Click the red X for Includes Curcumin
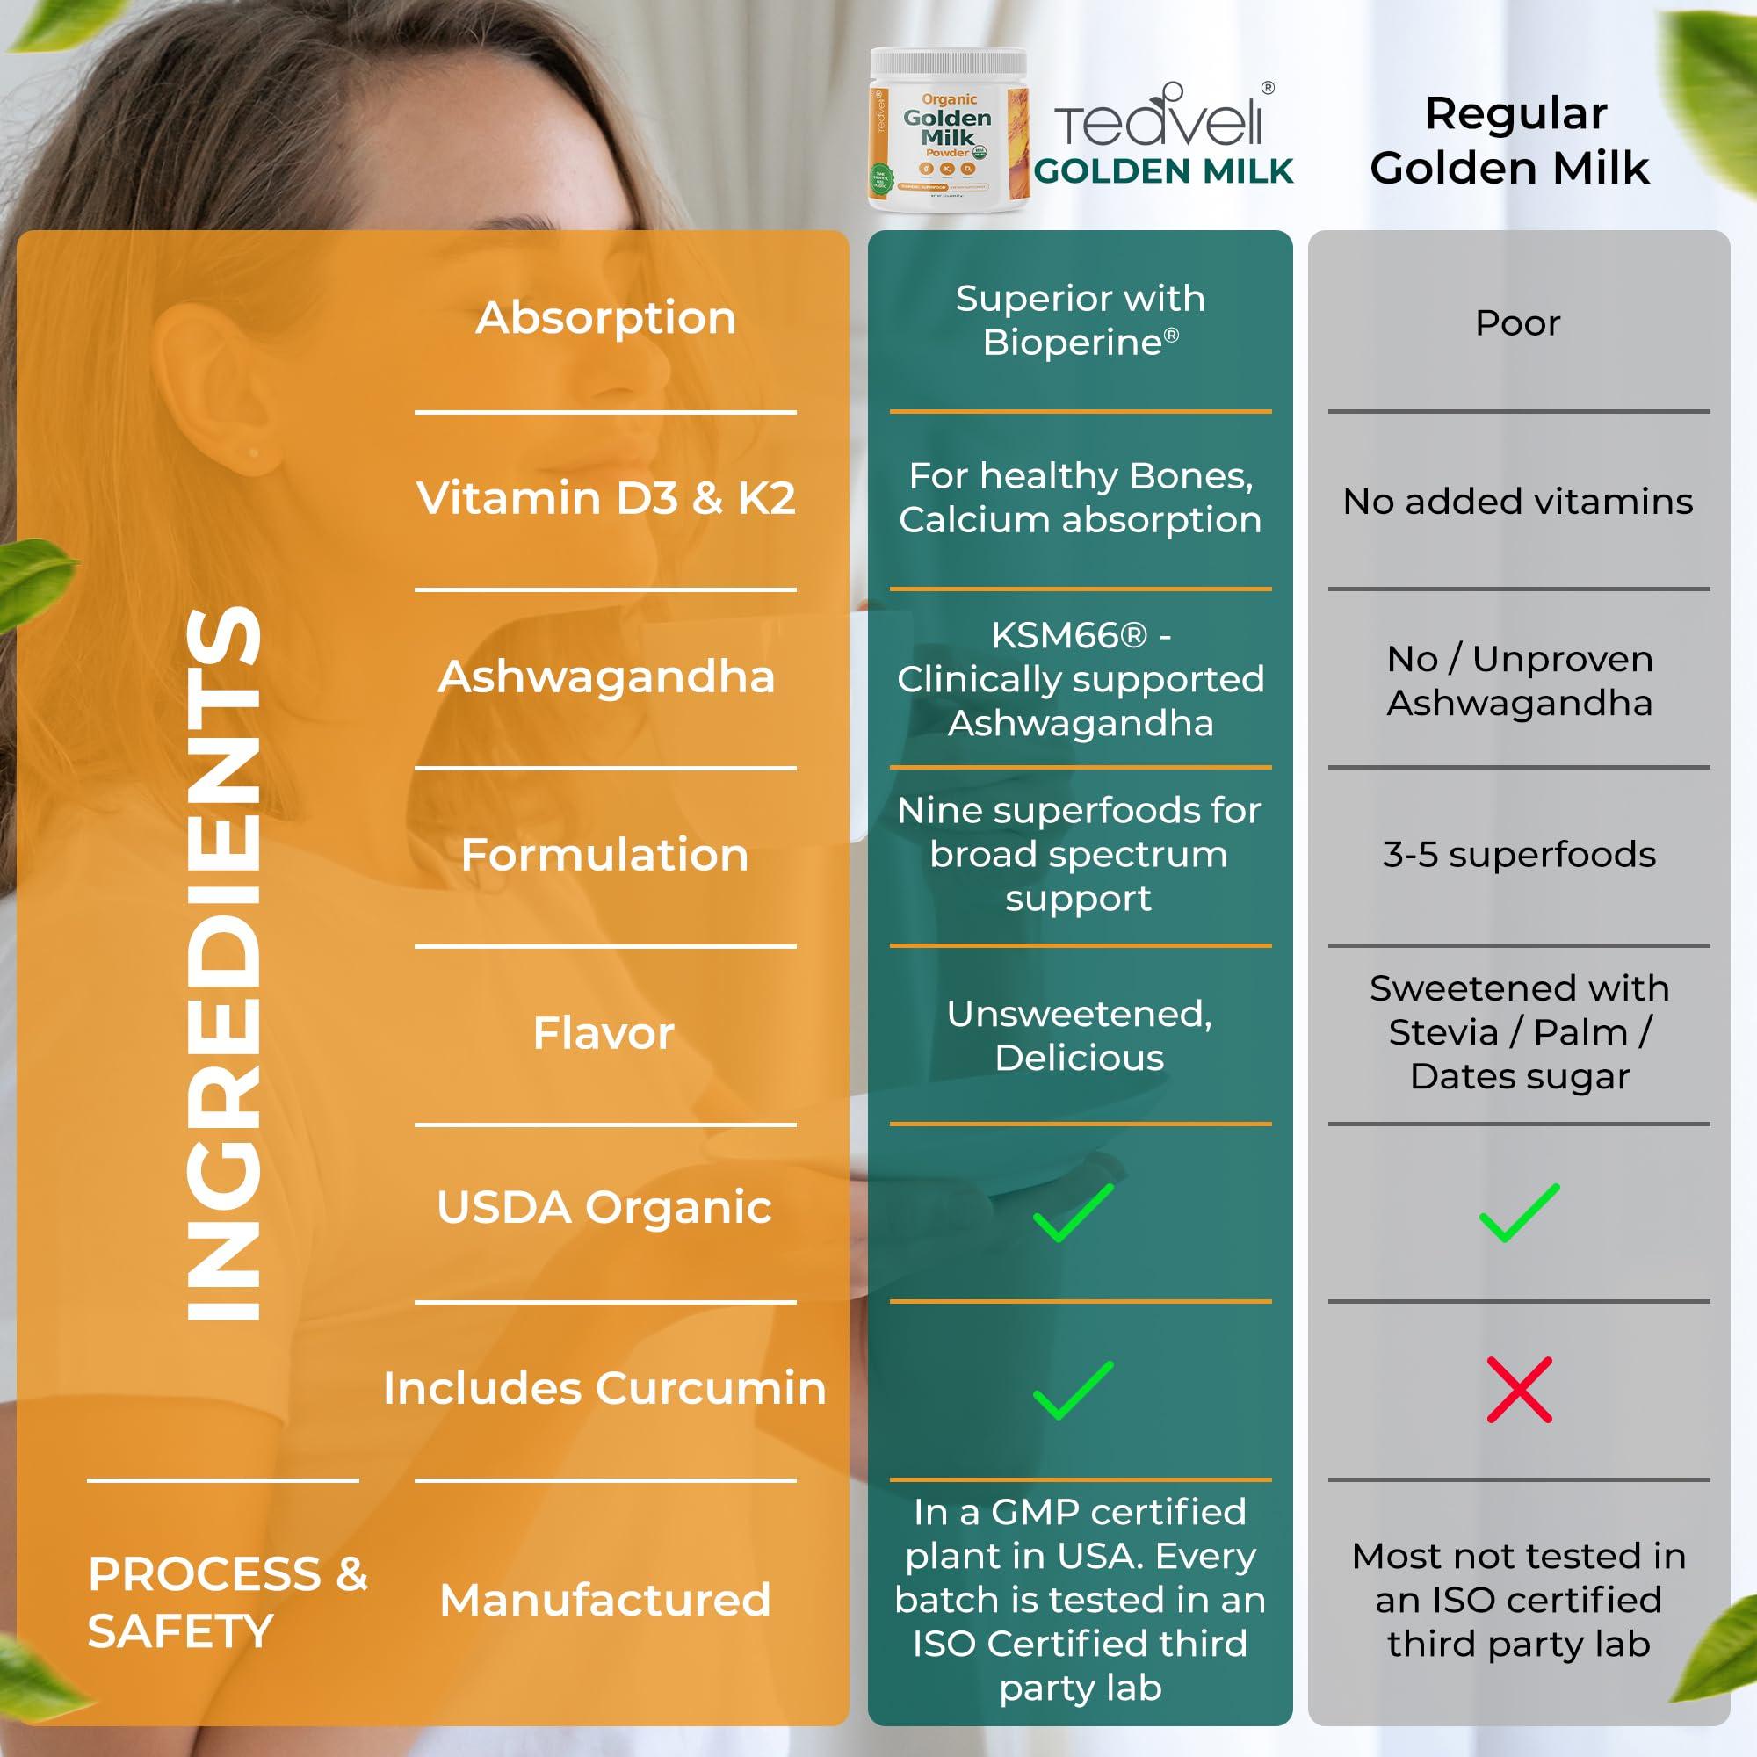1519,1390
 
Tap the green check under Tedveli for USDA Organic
1074,1212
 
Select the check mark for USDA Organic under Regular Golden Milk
1519,1212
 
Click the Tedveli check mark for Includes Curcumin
1074,1390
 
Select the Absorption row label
605,318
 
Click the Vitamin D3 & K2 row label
605,498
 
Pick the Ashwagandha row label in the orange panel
605,676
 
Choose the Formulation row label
604,855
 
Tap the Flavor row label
604,1033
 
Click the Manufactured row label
604,1601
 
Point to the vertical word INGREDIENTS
223,964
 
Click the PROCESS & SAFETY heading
228,1602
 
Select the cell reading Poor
1517,322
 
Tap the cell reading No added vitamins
1518,501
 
